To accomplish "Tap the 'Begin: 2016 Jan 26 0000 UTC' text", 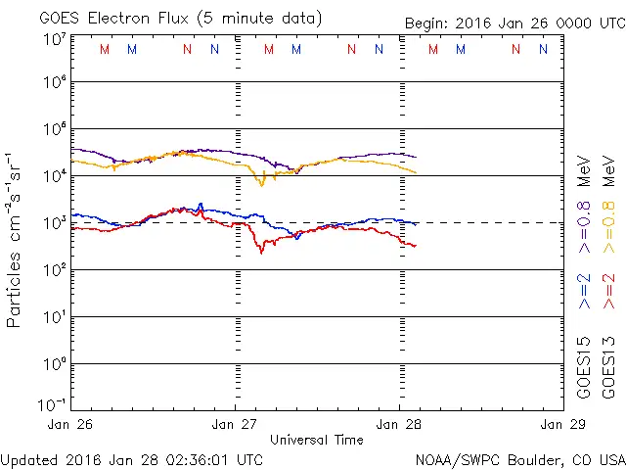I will pyautogui.click(x=513, y=23).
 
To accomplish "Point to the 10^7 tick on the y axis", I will pyautogui.click(x=54, y=40).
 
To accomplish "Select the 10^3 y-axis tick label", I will pyautogui.click(x=54, y=221).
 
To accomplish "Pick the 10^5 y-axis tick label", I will pyautogui.click(x=54, y=128).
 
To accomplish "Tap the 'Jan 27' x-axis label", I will pyautogui.click(x=236, y=424).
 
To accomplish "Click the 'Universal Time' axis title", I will pyautogui.click(x=317, y=440).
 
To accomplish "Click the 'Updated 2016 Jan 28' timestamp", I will pyautogui.click(x=132, y=458).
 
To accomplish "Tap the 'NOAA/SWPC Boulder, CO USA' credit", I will pyautogui.click(x=519, y=458).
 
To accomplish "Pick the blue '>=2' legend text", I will pyautogui.click(x=585, y=290).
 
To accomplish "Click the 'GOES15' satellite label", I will pyautogui.click(x=585, y=369).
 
